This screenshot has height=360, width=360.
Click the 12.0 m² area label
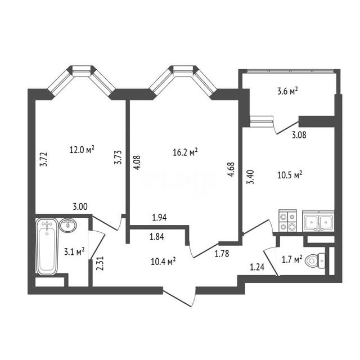pyautogui.click(x=82, y=150)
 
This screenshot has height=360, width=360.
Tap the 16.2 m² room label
pyautogui.click(x=185, y=152)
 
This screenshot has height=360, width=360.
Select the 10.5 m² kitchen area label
pyautogui.click(x=290, y=175)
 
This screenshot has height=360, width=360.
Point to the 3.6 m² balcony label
pyautogui.click(x=287, y=91)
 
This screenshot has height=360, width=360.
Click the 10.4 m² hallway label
pyautogui.click(x=163, y=261)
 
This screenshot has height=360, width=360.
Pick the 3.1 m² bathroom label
pyautogui.click(x=74, y=251)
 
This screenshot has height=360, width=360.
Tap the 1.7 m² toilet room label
pyautogui.click(x=292, y=259)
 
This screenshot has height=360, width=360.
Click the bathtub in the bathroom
pyautogui.click(x=47, y=246)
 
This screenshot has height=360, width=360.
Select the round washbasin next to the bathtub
pyautogui.click(x=67, y=225)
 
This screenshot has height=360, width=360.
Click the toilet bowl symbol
pyautogui.click(x=315, y=261)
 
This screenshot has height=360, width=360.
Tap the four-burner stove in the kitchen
pyautogui.click(x=287, y=220)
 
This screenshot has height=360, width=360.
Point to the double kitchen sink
pyautogui.click(x=318, y=221)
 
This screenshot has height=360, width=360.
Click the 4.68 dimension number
pyautogui.click(x=231, y=169)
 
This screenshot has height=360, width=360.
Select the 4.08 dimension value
pyautogui.click(x=137, y=163)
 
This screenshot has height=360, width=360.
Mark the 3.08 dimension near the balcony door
pyautogui.click(x=299, y=135)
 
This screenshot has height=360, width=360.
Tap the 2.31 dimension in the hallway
pyautogui.click(x=101, y=263)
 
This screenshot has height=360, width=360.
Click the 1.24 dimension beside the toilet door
pyautogui.click(x=257, y=267)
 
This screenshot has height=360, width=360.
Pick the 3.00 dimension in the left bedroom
pyautogui.click(x=80, y=206)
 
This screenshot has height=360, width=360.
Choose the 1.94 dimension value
pyautogui.click(x=159, y=217)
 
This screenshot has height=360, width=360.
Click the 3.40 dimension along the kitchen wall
pyautogui.click(x=250, y=177)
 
